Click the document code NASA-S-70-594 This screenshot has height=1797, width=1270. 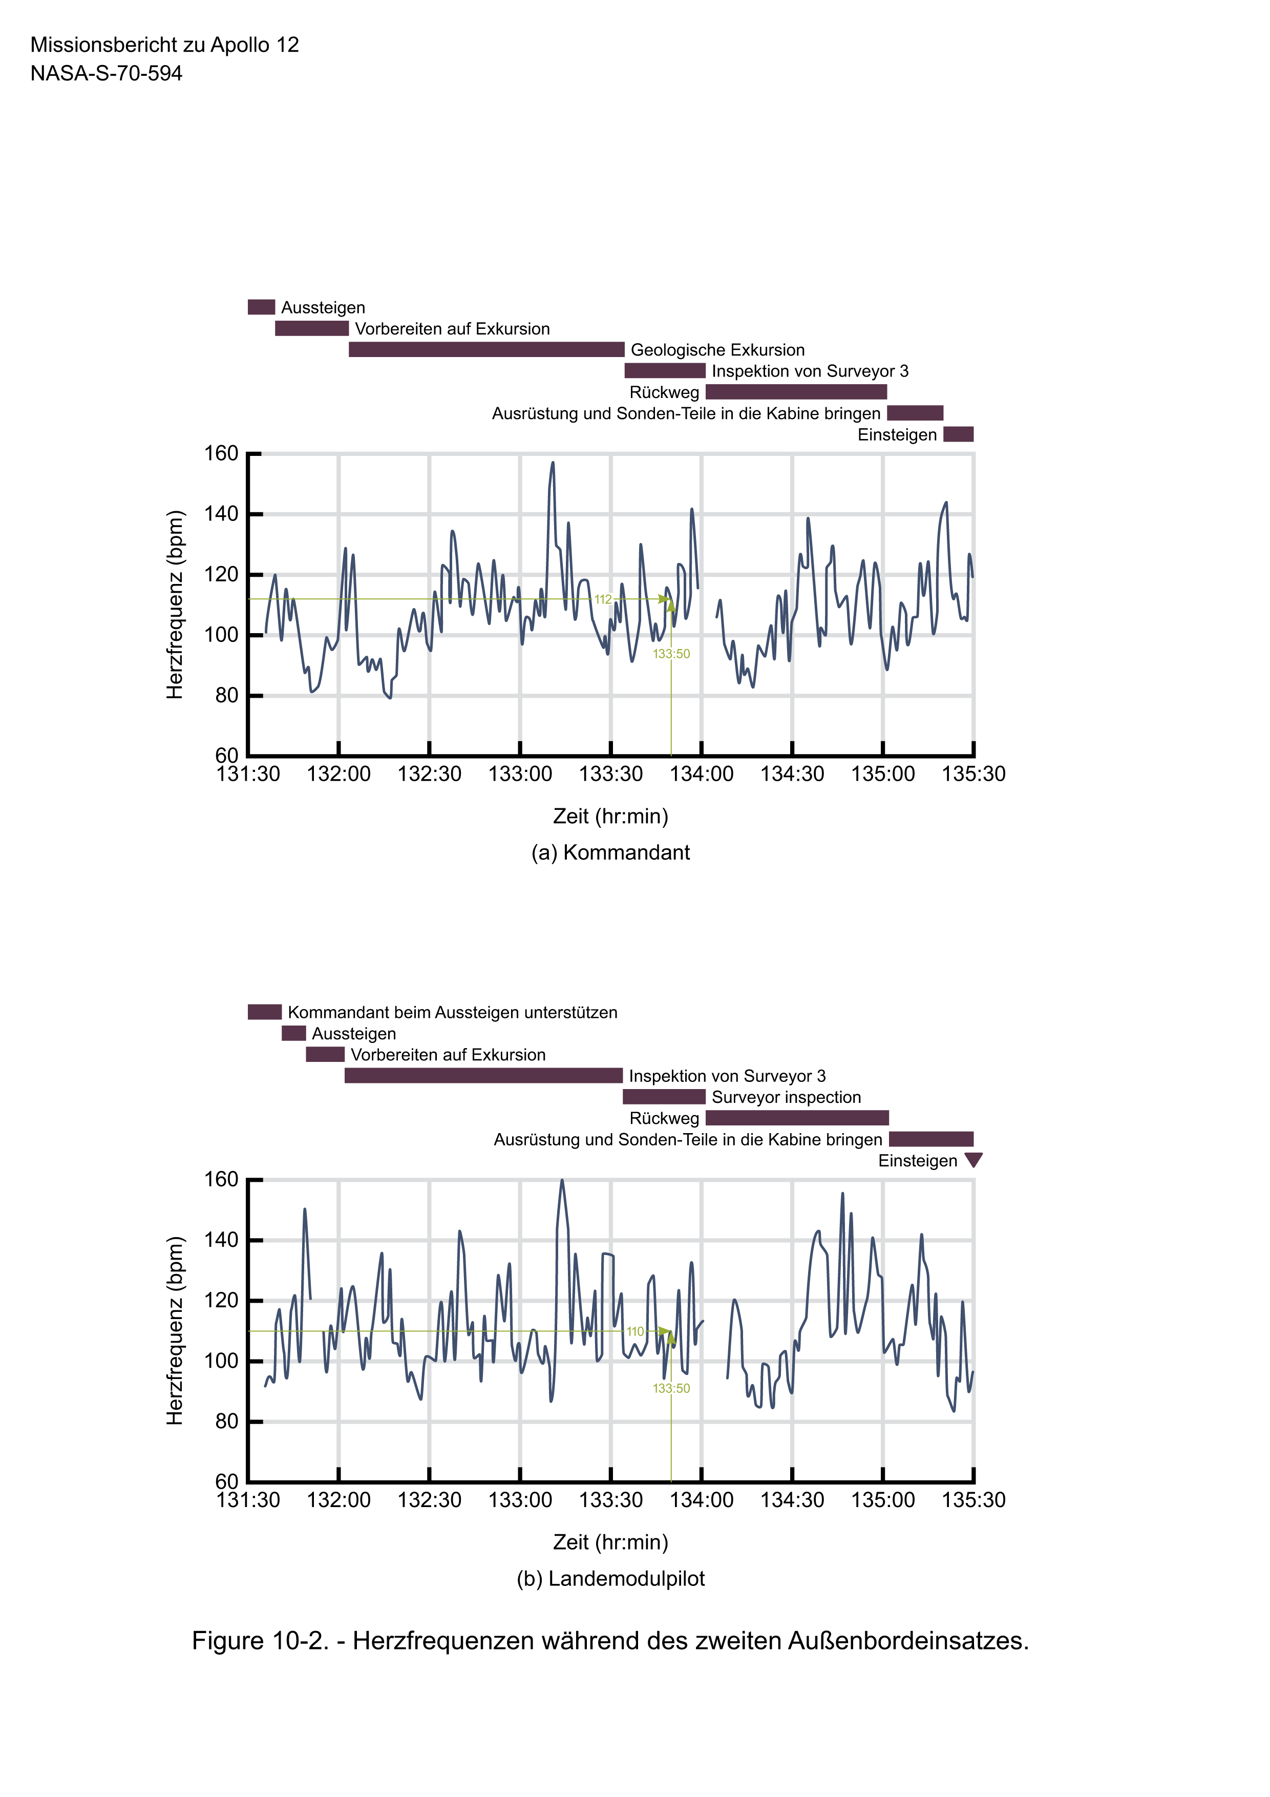(107, 74)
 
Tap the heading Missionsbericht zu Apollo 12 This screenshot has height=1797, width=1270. (164, 45)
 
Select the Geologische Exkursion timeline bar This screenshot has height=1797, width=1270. (486, 350)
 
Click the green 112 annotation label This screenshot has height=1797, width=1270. (603, 599)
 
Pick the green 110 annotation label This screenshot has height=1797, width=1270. (634, 1331)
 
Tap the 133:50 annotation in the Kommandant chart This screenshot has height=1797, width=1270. (671, 654)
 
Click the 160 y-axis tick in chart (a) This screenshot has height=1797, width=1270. (221, 454)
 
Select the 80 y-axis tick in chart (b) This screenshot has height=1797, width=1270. (226, 1422)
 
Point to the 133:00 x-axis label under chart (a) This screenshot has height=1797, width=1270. (520, 774)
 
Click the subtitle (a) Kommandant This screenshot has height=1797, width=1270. (610, 852)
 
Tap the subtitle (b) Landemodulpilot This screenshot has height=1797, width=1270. (610, 1579)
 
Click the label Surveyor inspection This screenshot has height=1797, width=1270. (786, 1097)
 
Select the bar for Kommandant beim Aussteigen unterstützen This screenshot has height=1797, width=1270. (264, 1012)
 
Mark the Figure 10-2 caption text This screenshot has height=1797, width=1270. (610, 1640)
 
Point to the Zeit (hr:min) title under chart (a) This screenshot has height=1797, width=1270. (610, 817)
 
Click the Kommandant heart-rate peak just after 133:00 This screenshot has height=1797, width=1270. (553, 464)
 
